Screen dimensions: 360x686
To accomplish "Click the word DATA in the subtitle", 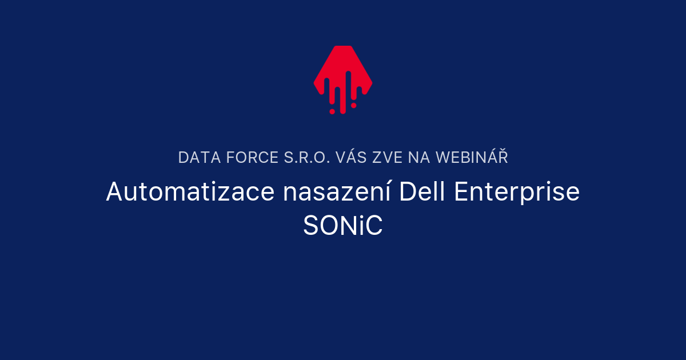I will (195, 158).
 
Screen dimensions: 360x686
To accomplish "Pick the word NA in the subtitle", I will (420, 158).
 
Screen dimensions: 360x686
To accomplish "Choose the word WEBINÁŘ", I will (472, 158).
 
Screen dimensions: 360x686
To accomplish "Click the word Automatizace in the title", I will (190, 192).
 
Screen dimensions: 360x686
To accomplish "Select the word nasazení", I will (337, 192).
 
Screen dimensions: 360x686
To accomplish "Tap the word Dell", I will (421, 192).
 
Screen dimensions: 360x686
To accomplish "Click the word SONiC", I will (343, 226).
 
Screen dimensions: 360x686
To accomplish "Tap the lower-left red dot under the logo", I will (332, 111).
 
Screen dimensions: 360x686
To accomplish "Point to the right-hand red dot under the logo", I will (354, 105).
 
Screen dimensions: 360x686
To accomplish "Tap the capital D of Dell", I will (406, 192).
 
